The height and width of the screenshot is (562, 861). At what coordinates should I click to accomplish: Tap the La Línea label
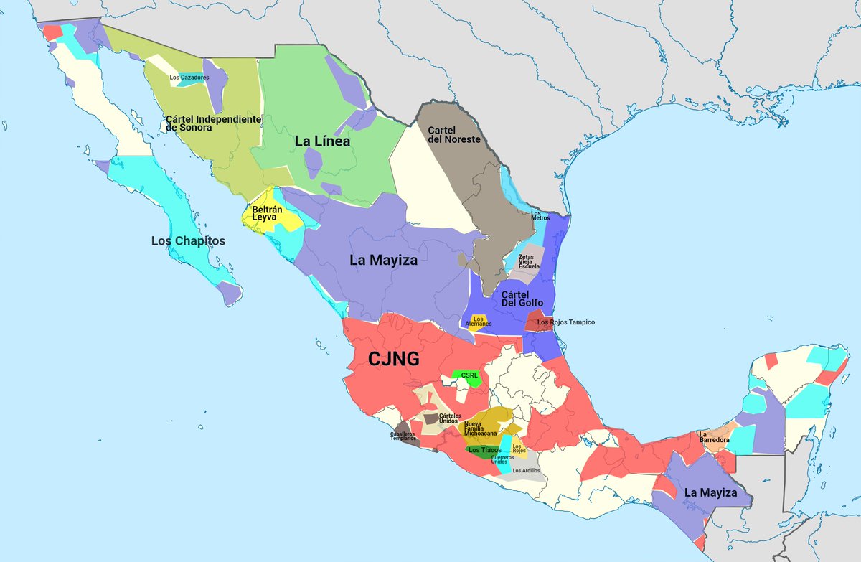coord(322,142)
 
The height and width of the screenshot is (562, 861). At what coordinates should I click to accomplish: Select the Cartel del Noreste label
coord(453,134)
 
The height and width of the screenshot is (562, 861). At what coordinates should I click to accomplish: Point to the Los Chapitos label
coord(188,241)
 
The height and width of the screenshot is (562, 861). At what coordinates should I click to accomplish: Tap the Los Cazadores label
coord(189,77)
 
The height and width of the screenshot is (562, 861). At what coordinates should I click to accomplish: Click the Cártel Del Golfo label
coord(522,298)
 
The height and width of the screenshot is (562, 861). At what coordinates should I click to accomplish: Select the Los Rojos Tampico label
coord(566,322)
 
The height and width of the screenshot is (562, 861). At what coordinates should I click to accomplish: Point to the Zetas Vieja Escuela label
coord(529,261)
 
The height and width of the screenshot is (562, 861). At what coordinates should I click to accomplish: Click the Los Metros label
coord(540,215)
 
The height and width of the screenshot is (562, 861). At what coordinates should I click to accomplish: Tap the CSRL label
coord(469,375)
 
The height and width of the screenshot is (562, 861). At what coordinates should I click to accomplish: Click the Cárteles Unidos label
coord(450,418)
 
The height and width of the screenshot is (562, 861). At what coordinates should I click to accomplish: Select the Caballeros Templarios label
coord(403,436)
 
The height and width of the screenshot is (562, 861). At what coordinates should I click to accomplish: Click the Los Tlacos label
coord(485,450)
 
